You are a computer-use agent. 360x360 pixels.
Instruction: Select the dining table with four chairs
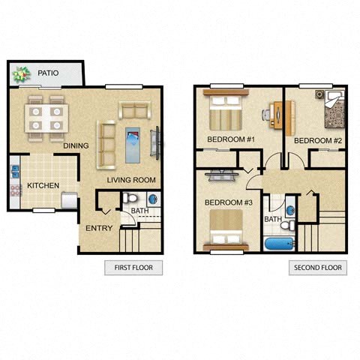click(46, 116)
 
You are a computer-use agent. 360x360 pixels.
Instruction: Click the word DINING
click(77, 145)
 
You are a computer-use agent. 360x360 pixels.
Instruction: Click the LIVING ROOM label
click(131, 179)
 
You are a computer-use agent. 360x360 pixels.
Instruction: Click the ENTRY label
click(99, 228)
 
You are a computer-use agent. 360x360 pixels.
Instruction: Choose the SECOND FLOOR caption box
click(317, 268)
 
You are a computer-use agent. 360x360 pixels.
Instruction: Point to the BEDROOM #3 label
click(228, 202)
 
